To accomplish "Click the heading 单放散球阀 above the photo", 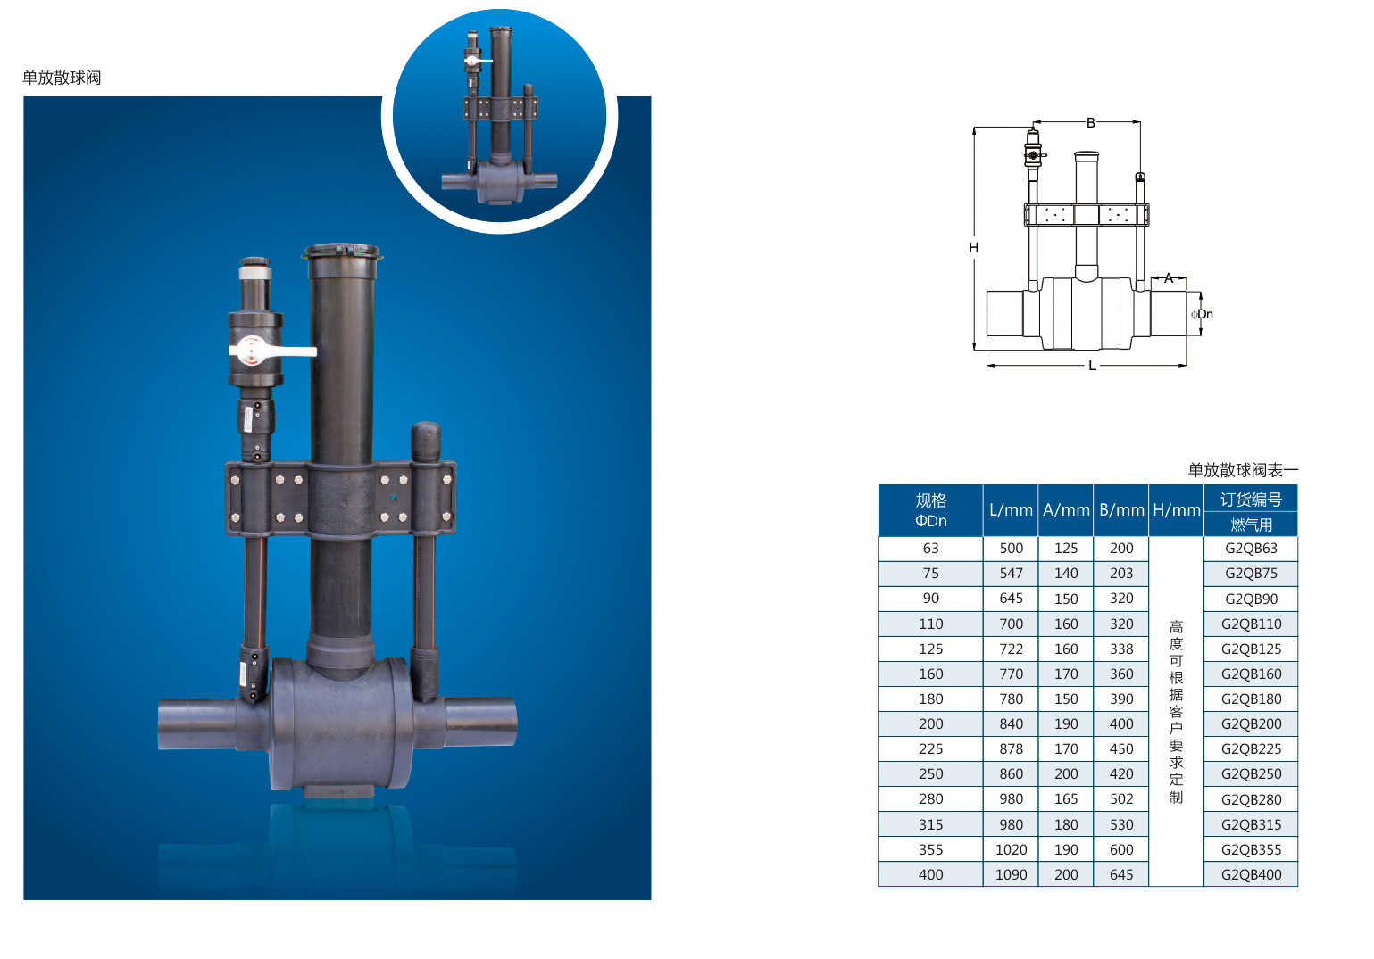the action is pyautogui.click(x=62, y=78).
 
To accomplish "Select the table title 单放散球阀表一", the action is pyautogui.click(x=1243, y=470).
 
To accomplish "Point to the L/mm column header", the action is pyautogui.click(x=1011, y=510).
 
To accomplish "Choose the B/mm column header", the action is pyautogui.click(x=1121, y=510).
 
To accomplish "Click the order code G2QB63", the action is pyautogui.click(x=1252, y=549).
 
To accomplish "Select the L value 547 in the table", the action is pyautogui.click(x=1011, y=573).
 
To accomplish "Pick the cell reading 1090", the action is pyautogui.click(x=1011, y=874).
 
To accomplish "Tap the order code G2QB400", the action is pyautogui.click(x=1252, y=874).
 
